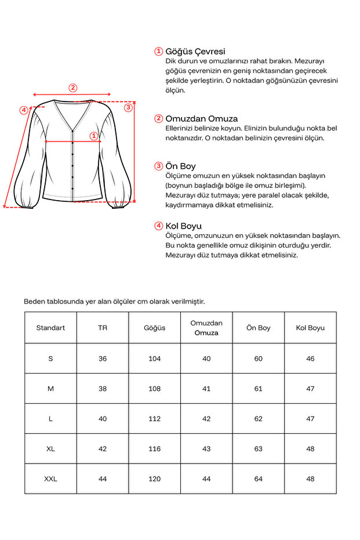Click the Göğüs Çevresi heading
195,51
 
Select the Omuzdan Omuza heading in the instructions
201,118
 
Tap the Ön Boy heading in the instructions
180,166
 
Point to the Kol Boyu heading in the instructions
183,226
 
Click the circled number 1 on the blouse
93,136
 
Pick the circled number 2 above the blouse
72,88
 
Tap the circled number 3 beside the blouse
129,107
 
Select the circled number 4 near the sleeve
24,110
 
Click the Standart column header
50,328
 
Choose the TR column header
103,328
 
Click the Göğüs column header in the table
154,328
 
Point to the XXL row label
50,479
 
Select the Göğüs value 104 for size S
154,358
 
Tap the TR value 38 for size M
103,389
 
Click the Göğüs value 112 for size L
154,419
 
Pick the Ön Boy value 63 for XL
258,449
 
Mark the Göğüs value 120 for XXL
154,479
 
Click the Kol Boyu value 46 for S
310,358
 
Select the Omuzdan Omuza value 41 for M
206,389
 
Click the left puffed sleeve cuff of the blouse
27,203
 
